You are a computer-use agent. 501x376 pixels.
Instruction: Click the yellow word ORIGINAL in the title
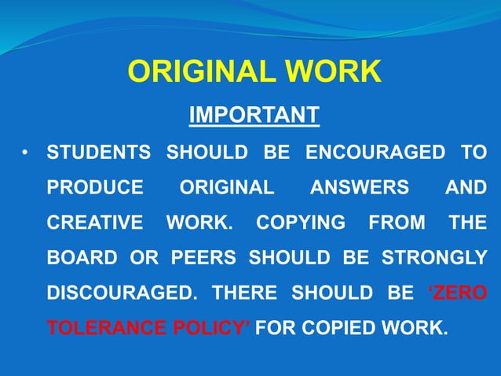pyautogui.click(x=201, y=72)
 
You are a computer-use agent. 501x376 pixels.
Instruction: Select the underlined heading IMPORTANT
pyautogui.click(x=254, y=115)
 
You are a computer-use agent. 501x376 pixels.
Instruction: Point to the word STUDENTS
pyautogui.click(x=98, y=153)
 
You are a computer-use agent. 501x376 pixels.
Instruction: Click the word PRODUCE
pyautogui.click(x=95, y=188)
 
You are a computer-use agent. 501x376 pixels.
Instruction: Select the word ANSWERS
pyautogui.click(x=359, y=188)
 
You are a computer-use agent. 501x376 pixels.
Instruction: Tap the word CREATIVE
pyautogui.click(x=96, y=223)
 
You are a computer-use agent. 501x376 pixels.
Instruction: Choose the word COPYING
pyautogui.click(x=301, y=223)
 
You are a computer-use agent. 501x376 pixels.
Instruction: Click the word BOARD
pyautogui.click(x=80, y=258)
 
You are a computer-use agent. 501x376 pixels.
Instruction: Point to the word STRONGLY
pyautogui.click(x=435, y=258)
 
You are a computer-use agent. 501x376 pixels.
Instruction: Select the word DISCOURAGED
pyautogui.click(x=122, y=293)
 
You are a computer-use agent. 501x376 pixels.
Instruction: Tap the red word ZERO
pyautogui.click(x=458, y=293)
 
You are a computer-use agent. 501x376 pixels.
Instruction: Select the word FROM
pyautogui.click(x=397, y=223)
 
